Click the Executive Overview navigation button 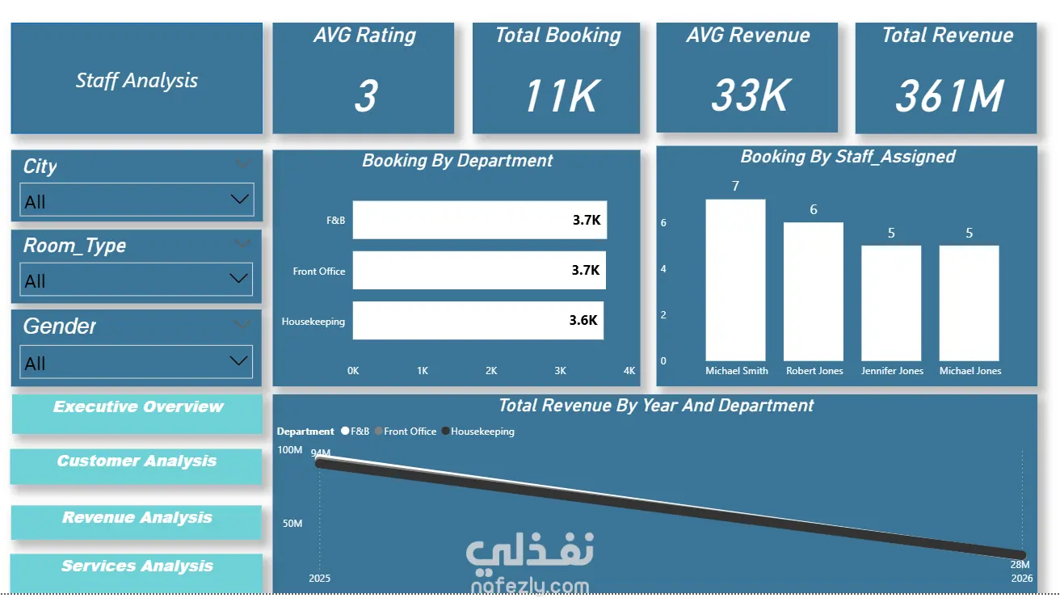point(137,414)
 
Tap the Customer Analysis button point(137,466)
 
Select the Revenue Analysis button point(137,522)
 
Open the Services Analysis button point(137,572)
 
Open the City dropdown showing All point(137,200)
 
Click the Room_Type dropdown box point(137,280)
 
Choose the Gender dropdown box point(137,362)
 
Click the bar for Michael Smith point(735,280)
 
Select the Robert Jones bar point(814,292)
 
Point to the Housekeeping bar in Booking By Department point(478,321)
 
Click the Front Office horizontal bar point(479,270)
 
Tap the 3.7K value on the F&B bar point(587,220)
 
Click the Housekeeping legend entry point(478,432)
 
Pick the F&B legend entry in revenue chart point(355,432)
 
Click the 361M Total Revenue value point(949,96)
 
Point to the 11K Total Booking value point(562,96)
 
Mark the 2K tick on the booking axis point(491,371)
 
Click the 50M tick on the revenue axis point(292,523)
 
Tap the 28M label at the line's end point(1020,564)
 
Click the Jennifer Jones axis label point(892,371)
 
